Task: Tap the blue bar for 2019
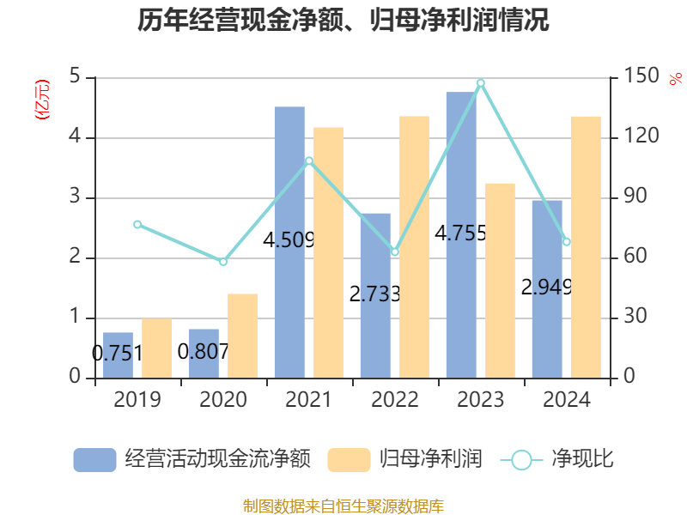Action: [x=118, y=354]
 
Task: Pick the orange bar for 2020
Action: [x=242, y=336]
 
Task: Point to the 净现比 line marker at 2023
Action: [x=481, y=83]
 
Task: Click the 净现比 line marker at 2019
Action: [x=137, y=225]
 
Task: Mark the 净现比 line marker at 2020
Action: [x=223, y=261]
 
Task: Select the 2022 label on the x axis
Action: [x=395, y=400]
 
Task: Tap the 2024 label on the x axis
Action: [x=567, y=400]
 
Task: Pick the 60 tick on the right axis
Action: [x=636, y=257]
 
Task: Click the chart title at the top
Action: [x=343, y=21]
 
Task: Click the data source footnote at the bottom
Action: [x=343, y=506]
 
